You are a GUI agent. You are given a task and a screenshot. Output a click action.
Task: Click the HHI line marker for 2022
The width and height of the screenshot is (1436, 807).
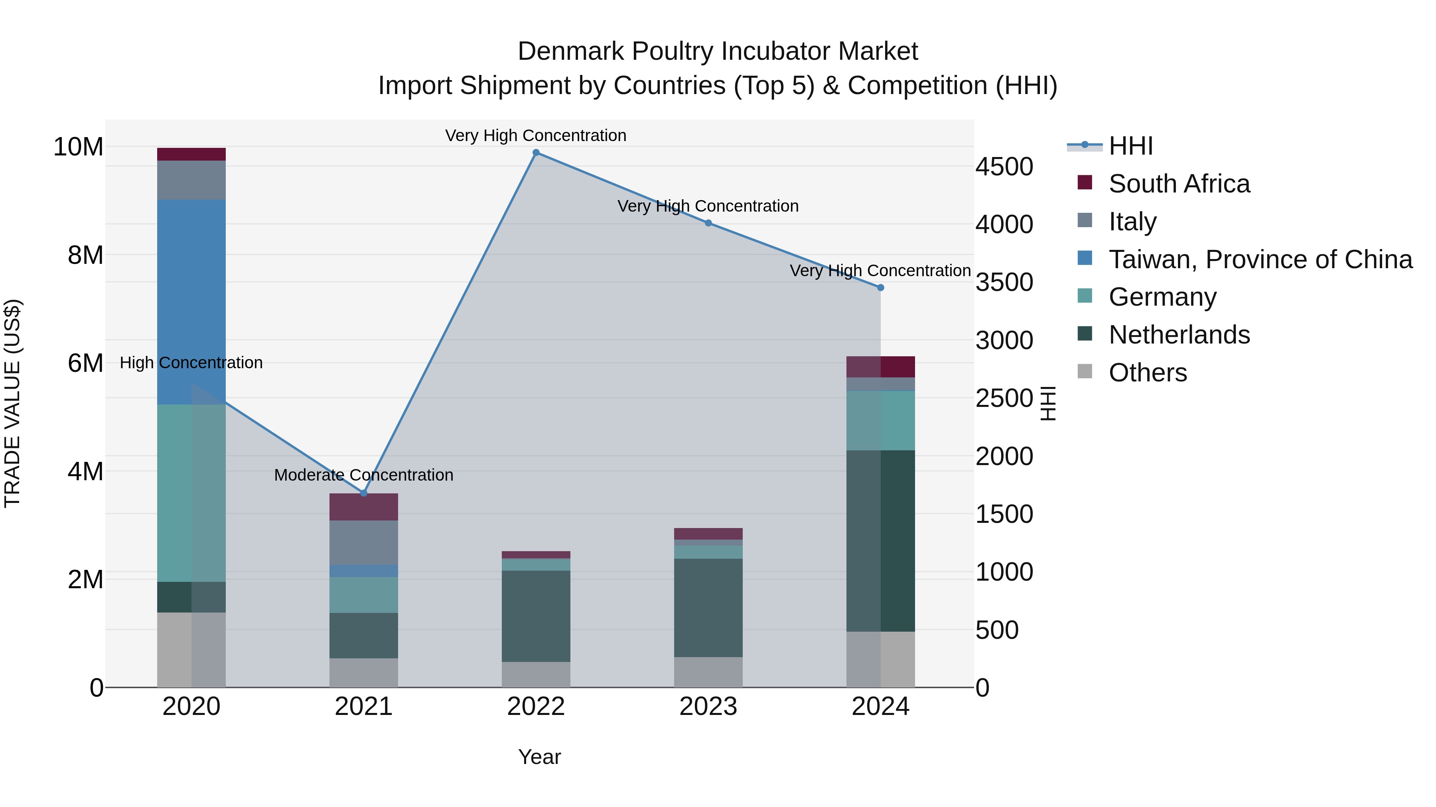pos(536,153)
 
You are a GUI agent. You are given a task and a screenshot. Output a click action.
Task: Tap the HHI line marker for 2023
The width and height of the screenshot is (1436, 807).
pos(708,223)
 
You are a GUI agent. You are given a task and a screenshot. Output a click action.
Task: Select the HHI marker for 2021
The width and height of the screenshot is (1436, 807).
pos(363,493)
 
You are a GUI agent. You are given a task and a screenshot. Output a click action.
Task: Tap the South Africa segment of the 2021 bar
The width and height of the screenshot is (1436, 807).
pos(363,507)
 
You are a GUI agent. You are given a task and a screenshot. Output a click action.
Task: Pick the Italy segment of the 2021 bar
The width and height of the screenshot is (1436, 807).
pos(363,542)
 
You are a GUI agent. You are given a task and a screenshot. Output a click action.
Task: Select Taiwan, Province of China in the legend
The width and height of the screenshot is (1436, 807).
pos(1260,259)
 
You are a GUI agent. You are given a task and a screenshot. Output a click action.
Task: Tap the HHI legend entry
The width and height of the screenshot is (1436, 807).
pos(1130,146)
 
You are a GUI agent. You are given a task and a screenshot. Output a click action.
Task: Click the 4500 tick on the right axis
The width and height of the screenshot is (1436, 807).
pos(1004,167)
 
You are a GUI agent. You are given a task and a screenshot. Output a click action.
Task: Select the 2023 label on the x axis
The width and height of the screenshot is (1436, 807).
pos(708,707)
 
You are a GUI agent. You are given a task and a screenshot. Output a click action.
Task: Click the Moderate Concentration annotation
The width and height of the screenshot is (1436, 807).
pos(363,475)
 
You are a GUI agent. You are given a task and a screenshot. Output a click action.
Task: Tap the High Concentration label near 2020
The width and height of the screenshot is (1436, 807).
pos(191,363)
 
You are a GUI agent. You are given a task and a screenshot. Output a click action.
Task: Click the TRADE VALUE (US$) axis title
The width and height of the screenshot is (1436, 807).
pos(12,403)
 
